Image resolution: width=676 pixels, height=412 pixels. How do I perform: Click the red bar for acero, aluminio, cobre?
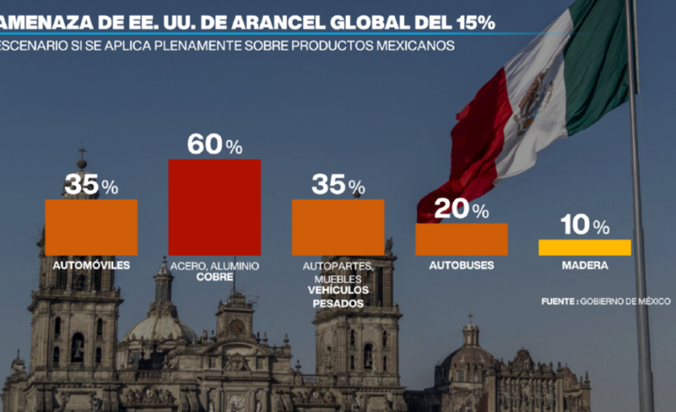[214, 206]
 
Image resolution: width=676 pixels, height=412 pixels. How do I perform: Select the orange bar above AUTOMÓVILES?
[91, 227]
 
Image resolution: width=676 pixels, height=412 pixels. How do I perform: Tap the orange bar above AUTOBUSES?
[461, 238]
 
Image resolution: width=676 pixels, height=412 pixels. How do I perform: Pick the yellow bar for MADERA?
[584, 247]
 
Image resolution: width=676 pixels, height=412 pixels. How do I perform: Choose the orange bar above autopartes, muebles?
[338, 227]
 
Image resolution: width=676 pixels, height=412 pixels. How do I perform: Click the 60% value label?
[214, 146]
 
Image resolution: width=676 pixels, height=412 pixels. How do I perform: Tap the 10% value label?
[584, 226]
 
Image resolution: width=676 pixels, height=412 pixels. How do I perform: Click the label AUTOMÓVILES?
[91, 264]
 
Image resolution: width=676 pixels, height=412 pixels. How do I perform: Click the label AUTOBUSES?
[461, 264]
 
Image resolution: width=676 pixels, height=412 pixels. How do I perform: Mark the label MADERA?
[584, 264]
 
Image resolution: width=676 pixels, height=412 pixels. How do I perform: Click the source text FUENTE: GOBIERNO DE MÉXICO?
[606, 301]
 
